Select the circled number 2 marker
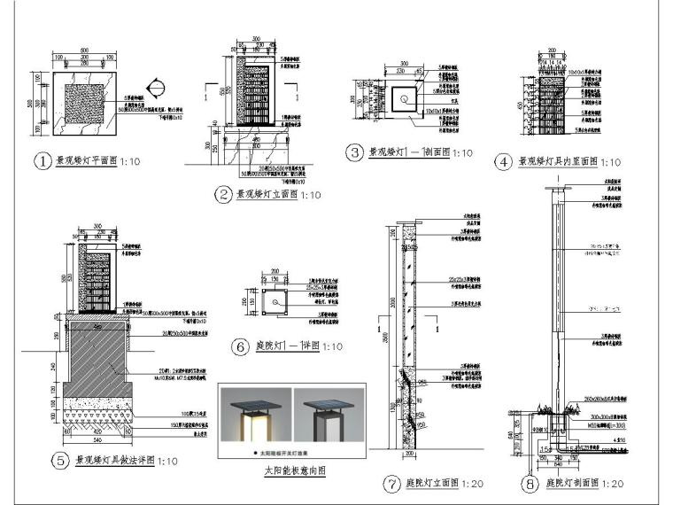(x=222, y=193)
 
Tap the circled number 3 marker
(x=355, y=152)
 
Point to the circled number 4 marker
(x=504, y=161)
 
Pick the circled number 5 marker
(x=61, y=461)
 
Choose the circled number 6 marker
(x=239, y=347)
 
